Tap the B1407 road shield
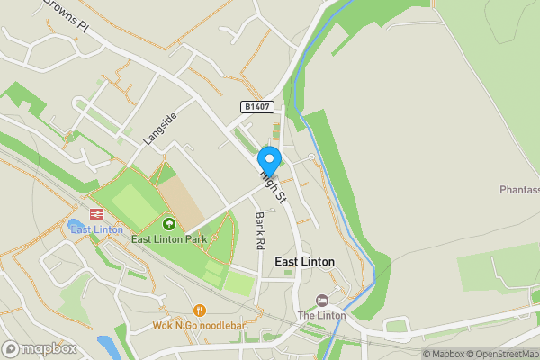[x=257, y=107]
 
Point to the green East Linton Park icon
[x=168, y=222]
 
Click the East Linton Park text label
[x=168, y=239]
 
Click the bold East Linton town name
[x=304, y=262]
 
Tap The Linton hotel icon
[x=321, y=300]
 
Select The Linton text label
[x=321, y=316]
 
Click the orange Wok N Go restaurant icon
[x=199, y=310]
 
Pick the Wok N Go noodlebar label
[x=200, y=325]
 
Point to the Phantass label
[x=519, y=190]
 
